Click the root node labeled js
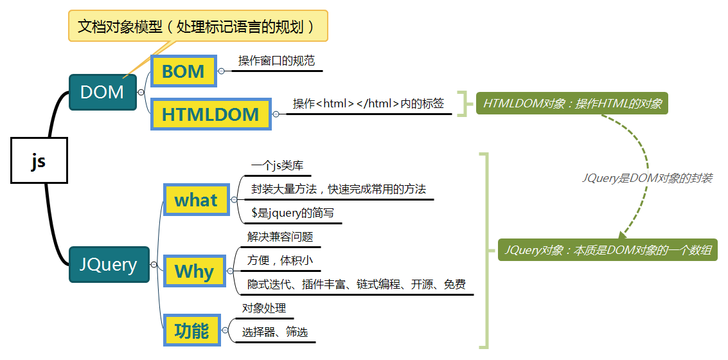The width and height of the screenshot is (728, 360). [x=39, y=161]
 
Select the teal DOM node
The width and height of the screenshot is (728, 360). [x=102, y=92]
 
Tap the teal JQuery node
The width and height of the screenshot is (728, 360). [x=109, y=264]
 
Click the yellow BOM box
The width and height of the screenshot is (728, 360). [x=183, y=71]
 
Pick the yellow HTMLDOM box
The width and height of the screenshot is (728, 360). [x=210, y=114]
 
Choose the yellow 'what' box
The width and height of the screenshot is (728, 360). [x=196, y=201]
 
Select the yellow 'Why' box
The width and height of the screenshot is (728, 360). [x=195, y=271]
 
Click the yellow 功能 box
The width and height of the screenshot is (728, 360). [x=191, y=331]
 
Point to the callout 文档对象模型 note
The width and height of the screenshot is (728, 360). [x=198, y=26]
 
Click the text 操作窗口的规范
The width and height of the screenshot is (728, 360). [x=276, y=61]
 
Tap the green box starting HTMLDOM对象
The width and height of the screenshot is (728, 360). [x=572, y=103]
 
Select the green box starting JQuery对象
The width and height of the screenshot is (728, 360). [x=608, y=250]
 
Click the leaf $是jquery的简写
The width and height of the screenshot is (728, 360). [x=292, y=213]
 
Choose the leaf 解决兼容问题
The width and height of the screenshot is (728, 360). [x=280, y=237]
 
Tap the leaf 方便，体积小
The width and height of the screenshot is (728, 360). [x=280, y=260]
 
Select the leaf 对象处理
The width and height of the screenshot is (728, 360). [x=264, y=309]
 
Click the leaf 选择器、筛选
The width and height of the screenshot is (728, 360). [x=275, y=332]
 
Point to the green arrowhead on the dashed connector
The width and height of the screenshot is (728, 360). [x=623, y=236]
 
